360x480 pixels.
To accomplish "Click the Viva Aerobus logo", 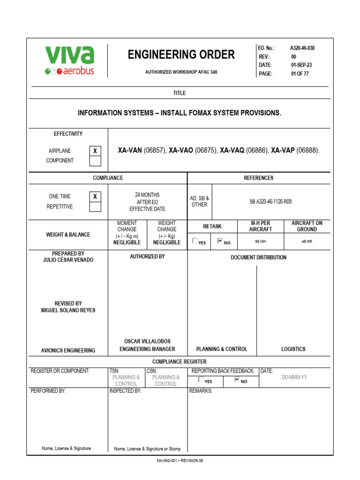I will coord(69,60).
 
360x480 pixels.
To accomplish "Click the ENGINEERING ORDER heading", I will coord(181,55).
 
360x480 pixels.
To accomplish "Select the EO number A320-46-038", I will coord(302,48).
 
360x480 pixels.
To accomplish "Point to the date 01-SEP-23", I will coord(301,65).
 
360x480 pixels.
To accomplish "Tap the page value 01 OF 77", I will coord(300,74).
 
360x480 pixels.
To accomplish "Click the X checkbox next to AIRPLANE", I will coord(95,151).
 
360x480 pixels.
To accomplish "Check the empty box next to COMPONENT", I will coord(95,161).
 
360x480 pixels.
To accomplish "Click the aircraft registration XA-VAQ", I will coord(232,150).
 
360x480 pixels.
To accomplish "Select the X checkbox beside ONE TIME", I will coord(95,197).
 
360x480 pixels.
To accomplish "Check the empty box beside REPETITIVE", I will coord(95,207).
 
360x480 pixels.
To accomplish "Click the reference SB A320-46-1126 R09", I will coord(271,202).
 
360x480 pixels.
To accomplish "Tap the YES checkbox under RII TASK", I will coord(195,241).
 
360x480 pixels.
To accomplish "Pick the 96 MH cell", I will coord(261,242).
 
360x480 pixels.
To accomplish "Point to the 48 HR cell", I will coord(307,242).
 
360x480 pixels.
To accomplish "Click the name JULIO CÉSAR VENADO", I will coord(68,260).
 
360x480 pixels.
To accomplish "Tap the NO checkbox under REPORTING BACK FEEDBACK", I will coord(237,380).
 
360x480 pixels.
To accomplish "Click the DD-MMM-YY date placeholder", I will coord(294,377).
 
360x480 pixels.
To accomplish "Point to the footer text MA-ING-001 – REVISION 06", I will coord(180,461).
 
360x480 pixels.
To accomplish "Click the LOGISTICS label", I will coord(293,349).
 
